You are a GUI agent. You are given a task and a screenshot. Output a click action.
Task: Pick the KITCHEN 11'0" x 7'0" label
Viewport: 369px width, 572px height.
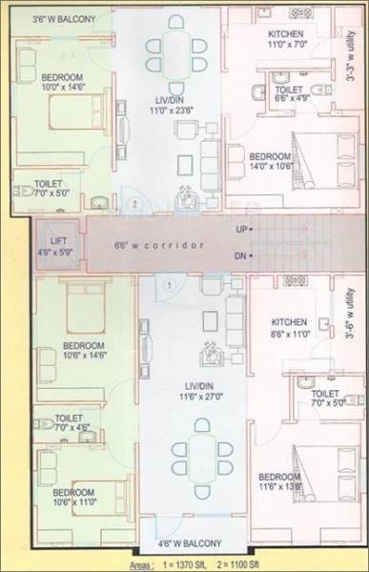click(285, 38)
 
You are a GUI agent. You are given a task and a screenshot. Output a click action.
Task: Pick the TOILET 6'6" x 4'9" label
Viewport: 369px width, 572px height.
click(285, 92)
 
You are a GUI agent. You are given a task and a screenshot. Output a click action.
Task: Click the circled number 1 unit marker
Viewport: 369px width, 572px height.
click(167, 285)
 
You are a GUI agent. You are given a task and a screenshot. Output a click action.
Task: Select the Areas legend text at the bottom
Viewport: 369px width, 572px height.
click(243, 564)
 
